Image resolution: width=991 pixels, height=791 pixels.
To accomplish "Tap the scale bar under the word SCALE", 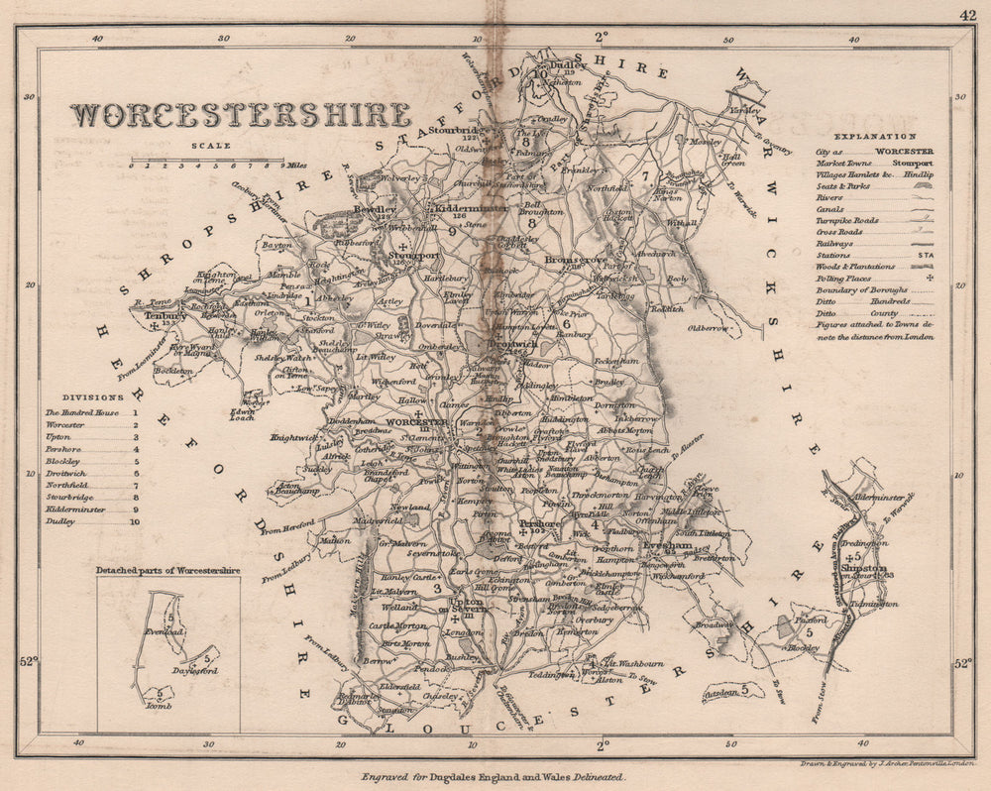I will pyautogui.click(x=207, y=159).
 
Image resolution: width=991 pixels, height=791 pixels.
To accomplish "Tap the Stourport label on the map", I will pyautogui.click(x=413, y=264).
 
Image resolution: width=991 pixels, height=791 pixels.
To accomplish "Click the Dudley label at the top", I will pyautogui.click(x=570, y=61).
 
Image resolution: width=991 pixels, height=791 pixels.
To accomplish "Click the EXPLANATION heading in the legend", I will pyautogui.click(x=874, y=135).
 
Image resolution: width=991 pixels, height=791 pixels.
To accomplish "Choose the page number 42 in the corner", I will pyautogui.click(x=967, y=15).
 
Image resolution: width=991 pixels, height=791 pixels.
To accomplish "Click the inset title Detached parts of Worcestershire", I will pyautogui.click(x=168, y=571).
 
